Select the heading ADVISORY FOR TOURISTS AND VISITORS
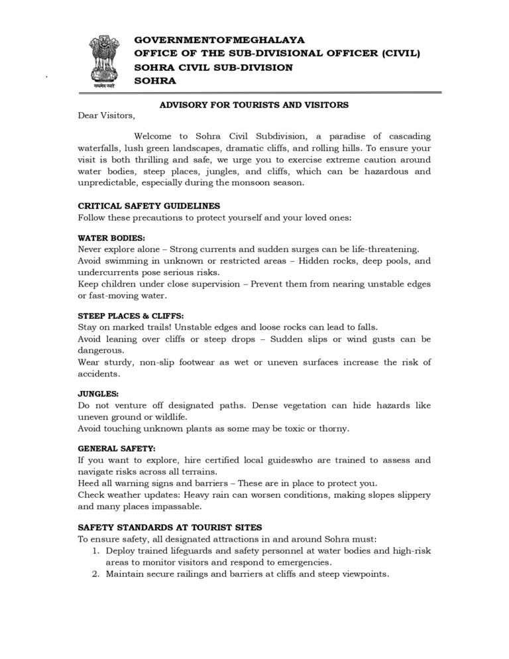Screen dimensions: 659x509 [x=254, y=105]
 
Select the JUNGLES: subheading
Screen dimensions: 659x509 [x=99, y=394]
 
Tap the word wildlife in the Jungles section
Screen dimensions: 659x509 [x=168, y=417]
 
